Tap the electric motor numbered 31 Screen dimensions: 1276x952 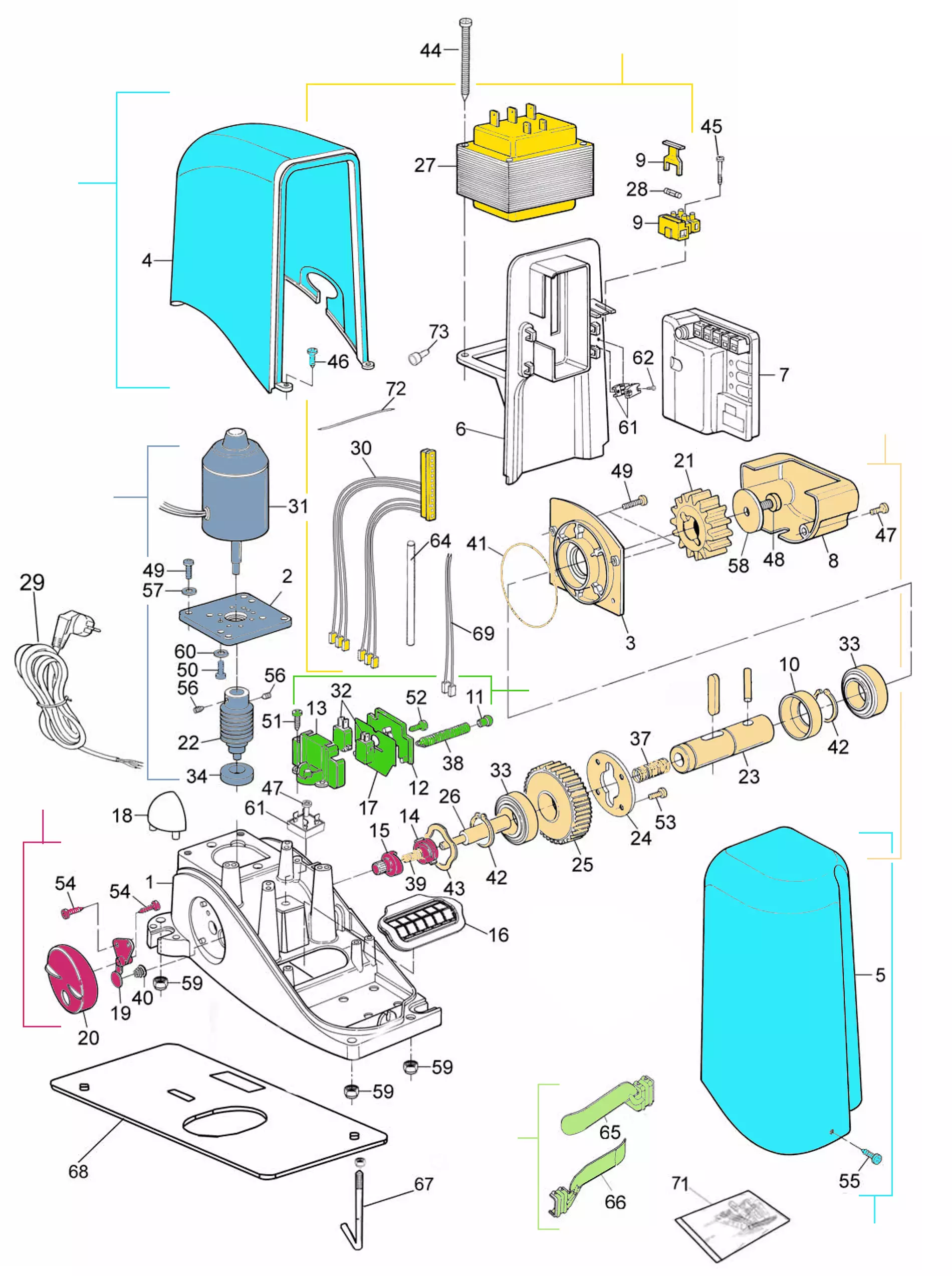click(x=234, y=495)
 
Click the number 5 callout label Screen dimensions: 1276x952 click(x=880, y=975)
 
